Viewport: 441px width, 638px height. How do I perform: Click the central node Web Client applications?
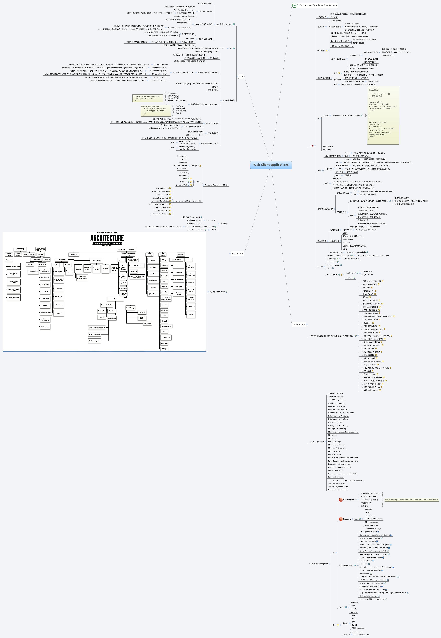(271, 165)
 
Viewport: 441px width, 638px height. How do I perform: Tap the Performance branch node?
(299, 324)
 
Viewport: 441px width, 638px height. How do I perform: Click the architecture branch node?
(237, 253)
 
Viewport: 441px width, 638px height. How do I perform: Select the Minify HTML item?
(333, 438)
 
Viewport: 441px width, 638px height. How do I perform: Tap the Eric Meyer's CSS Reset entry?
(368, 532)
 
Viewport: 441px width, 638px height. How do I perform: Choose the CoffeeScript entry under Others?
(331, 262)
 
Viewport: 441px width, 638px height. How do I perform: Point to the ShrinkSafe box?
(191, 306)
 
